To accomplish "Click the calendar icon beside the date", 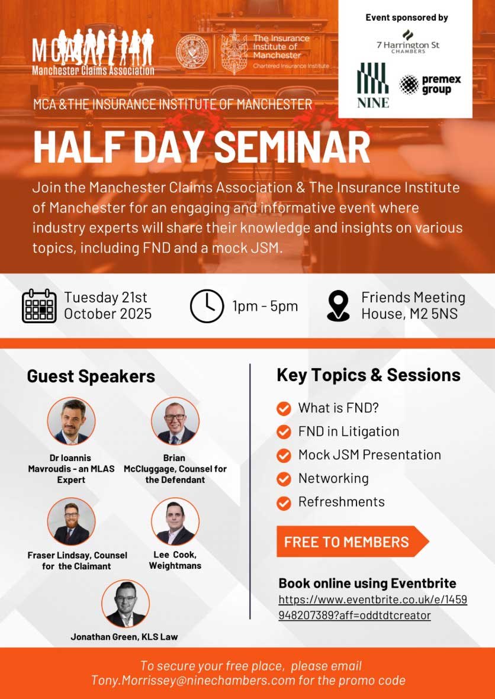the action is pos(39,306).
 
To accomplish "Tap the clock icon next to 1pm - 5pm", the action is pos(207,306).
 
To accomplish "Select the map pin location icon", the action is pos(339,306).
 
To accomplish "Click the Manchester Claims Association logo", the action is pos(93,52).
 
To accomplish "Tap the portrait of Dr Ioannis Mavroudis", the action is pos(71,421).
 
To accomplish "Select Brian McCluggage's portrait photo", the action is pos(175,421).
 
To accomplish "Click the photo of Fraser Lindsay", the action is pos(71,521).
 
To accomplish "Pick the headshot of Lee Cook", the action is pos(175,521).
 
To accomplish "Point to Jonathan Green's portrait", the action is pos(126,604).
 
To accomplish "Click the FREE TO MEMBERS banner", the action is pos(352,542).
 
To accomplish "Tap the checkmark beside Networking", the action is pos(284,479).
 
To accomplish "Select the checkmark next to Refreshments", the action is pos(284,502).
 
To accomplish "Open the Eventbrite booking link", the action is pos(373,607).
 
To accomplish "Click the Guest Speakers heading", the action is pos(91,376).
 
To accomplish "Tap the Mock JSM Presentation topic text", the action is pos(369,455).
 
